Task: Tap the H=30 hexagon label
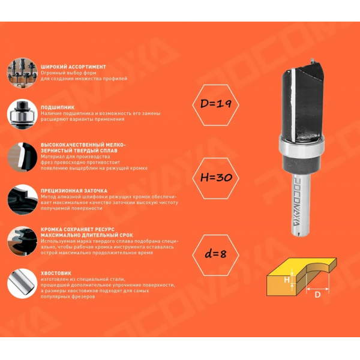point(215,178)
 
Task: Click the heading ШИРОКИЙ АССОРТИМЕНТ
point(73,67)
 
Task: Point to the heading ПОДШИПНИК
point(58,107)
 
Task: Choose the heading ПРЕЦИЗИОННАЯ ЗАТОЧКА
point(74,191)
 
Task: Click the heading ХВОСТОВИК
point(56,273)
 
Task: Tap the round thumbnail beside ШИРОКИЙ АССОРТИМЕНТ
point(22,73)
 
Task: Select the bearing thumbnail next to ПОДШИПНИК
point(22,114)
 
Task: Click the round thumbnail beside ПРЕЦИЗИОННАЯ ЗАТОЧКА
point(22,200)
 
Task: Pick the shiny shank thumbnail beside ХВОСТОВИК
point(22,284)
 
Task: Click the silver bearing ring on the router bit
point(302,146)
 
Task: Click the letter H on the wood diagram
point(287,280)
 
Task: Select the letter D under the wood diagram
point(317,295)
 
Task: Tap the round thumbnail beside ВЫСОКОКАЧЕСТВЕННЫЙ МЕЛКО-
point(22,157)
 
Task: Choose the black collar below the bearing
point(301,163)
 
